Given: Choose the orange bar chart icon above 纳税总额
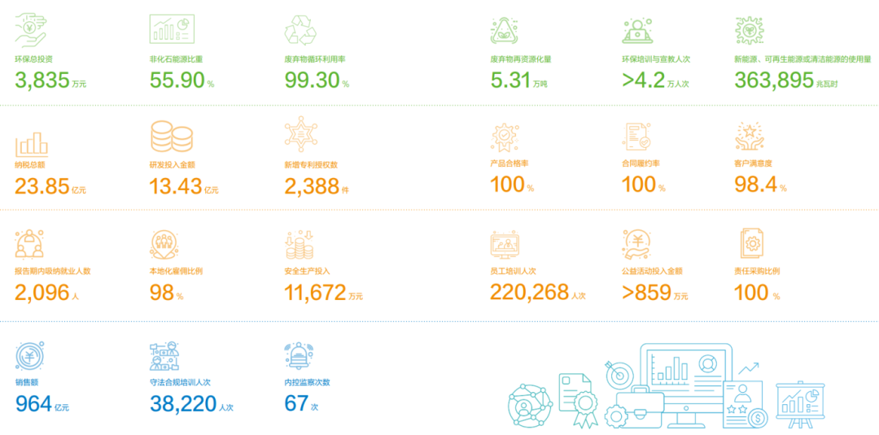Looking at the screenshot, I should pos(32,142).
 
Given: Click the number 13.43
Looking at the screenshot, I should pos(176,186).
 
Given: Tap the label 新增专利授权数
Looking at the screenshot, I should pos(311,165).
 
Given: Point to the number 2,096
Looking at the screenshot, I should pos(42,293).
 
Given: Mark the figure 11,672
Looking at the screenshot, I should pos(315,293).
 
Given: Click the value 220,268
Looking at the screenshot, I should pos(529,292).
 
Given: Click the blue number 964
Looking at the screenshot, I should pos(33,402).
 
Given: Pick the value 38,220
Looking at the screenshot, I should pos(183,402).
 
